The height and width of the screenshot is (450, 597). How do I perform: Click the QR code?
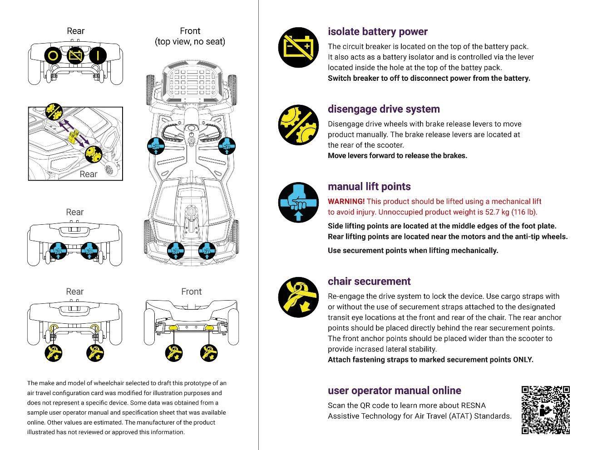tap(545, 410)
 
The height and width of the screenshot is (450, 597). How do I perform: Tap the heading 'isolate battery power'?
tap(378, 32)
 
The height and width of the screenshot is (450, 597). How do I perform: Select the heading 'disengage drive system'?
tap(384, 109)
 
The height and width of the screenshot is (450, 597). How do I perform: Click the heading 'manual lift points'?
tap(369, 187)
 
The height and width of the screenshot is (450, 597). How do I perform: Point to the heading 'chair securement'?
tap(369, 282)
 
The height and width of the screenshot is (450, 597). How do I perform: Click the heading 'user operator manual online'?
tap(394, 391)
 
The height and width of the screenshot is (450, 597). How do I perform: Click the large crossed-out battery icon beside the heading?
tap(298, 47)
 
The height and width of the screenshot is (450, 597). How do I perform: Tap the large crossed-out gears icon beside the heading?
tap(298, 124)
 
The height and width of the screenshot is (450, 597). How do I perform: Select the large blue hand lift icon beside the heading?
tap(298, 202)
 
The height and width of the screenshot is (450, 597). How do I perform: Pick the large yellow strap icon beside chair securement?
tap(298, 297)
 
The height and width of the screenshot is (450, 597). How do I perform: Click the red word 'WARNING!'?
tap(346, 202)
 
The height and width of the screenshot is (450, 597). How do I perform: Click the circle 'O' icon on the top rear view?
tap(53, 56)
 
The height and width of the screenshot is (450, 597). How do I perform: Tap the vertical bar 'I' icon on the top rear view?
tap(97, 56)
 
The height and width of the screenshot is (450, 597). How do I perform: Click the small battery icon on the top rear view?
tap(75, 56)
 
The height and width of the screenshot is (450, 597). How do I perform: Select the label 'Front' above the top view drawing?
tap(190, 31)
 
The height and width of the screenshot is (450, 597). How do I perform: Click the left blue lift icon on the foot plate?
tap(156, 146)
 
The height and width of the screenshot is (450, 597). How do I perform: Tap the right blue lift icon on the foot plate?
tap(227, 146)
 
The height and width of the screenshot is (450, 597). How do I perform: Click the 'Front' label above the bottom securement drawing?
tap(191, 292)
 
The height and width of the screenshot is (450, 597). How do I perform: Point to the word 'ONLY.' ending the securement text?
tap(523, 360)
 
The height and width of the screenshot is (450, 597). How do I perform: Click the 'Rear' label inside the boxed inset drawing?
tap(89, 174)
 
